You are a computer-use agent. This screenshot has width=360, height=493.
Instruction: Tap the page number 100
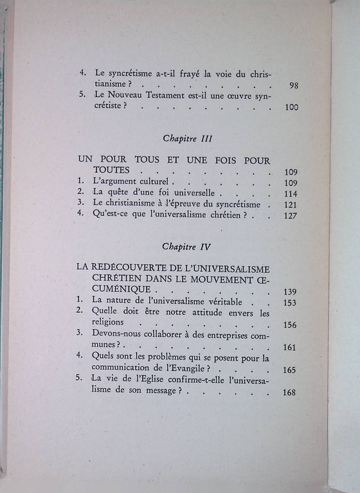coord(291,107)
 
